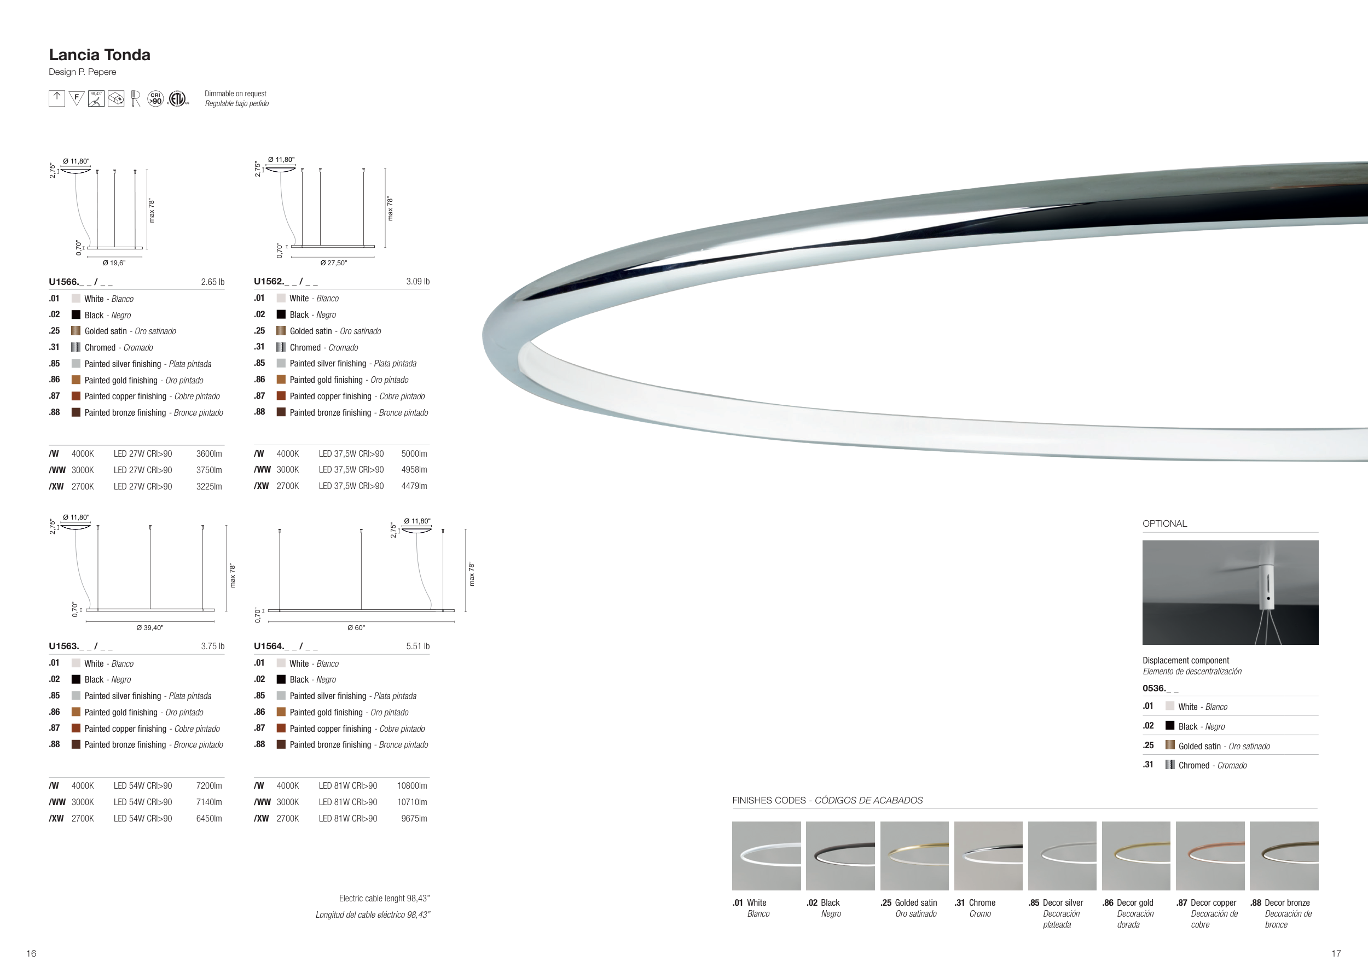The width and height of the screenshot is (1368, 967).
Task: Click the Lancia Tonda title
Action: [100, 55]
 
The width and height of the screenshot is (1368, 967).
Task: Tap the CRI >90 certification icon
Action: [155, 98]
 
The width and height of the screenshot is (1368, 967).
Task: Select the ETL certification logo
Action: [177, 98]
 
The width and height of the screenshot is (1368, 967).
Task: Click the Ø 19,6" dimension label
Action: [114, 263]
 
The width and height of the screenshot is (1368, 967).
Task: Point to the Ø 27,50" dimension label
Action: [334, 263]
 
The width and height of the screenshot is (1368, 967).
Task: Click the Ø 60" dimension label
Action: [356, 627]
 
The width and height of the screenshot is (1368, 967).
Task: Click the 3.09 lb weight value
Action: [418, 281]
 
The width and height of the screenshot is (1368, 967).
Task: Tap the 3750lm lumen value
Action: [209, 470]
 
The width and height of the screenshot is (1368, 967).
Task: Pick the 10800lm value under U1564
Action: [412, 786]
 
